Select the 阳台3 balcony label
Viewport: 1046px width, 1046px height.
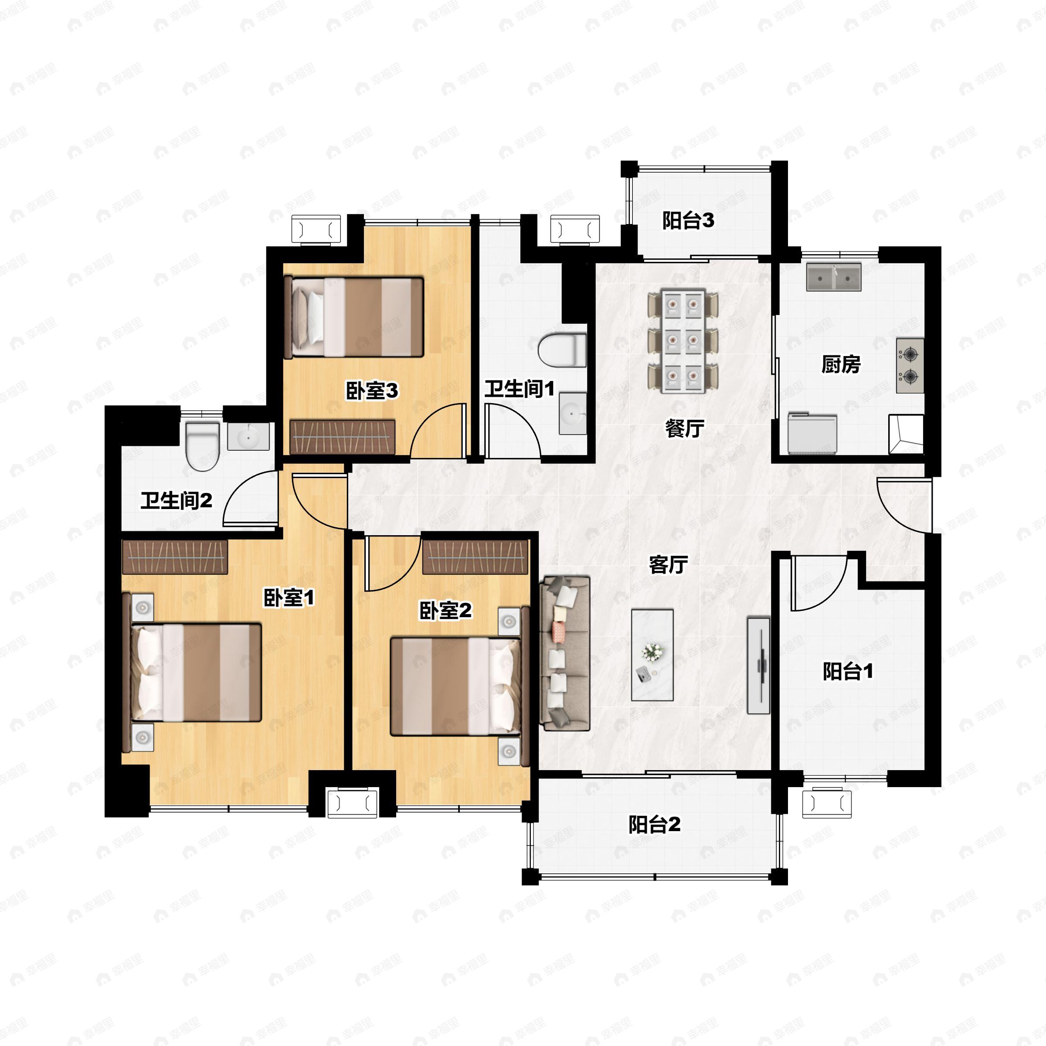688,221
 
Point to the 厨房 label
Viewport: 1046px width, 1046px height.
841,364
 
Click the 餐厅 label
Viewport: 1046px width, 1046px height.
684,428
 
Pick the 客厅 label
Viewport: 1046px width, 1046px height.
669,565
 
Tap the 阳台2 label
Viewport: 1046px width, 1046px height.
654,825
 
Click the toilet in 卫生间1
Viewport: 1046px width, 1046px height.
563,350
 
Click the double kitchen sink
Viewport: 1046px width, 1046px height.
834,277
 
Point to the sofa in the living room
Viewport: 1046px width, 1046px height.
565,653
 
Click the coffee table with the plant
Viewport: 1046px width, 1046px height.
652,655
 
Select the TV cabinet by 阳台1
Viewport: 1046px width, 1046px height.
758,665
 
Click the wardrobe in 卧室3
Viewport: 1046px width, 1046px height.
342,436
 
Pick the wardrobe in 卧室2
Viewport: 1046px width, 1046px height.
475,557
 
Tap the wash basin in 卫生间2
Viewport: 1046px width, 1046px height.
248,436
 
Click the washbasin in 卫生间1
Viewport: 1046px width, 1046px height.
573,414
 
